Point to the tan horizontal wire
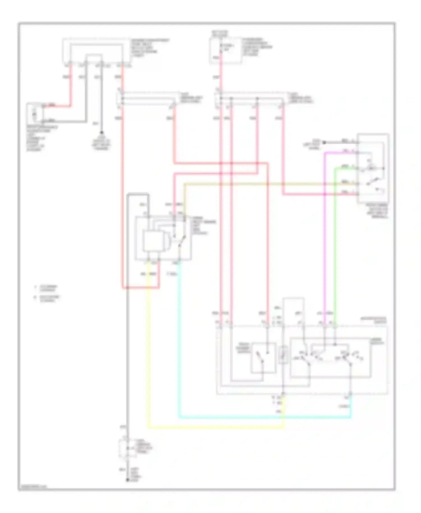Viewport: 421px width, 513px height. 253,184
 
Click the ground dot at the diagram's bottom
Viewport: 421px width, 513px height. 127,480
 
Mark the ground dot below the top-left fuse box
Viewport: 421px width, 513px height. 102,132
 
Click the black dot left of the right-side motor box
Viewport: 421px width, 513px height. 324,143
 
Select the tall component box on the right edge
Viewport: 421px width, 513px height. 373,168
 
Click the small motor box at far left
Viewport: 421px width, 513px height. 35,113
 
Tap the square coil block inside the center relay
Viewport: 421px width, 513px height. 152,241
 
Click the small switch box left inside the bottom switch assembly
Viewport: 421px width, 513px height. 263,358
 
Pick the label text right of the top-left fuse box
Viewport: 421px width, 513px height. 150,48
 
